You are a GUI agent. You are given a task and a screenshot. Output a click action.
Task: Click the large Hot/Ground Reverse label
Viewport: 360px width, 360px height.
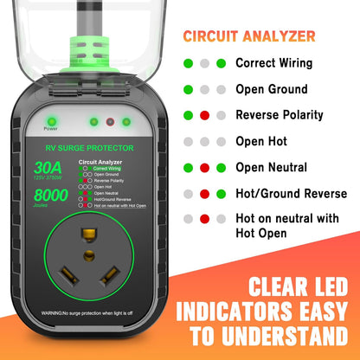tap(291, 193)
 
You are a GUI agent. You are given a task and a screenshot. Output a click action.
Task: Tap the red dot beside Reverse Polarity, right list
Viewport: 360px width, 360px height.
tap(204, 115)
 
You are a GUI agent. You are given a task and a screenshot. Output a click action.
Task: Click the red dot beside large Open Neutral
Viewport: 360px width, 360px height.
tap(204, 167)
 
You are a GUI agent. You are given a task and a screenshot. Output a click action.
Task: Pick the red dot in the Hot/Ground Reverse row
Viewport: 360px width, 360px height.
tap(204, 193)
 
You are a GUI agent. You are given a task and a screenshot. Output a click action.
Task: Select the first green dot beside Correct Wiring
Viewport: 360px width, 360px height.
tap(187, 63)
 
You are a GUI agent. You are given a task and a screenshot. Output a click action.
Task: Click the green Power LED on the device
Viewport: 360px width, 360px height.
tap(51, 122)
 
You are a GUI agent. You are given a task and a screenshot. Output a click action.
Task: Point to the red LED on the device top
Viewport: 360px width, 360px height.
tap(110, 122)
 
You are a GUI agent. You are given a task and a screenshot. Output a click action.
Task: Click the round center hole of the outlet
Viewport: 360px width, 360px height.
tap(88, 255)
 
